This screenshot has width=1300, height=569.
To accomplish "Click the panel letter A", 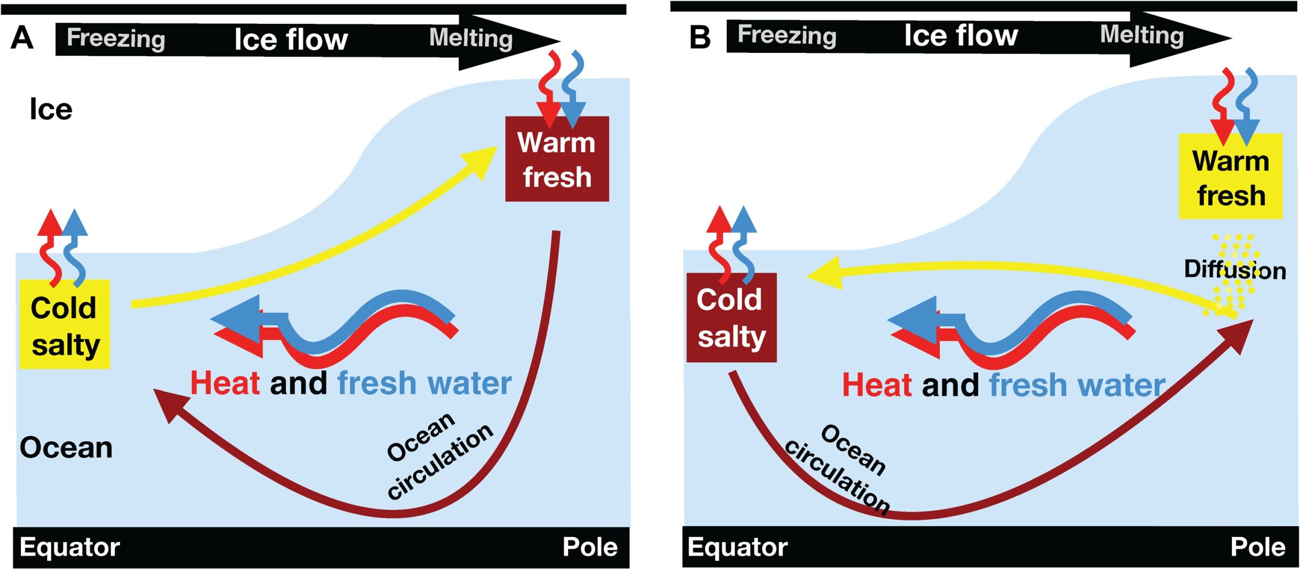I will (22, 38).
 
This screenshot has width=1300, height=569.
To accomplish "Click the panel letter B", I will (700, 37).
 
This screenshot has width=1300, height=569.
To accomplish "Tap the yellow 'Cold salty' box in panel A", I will (65, 324).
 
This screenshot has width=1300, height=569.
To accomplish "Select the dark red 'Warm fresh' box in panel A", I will (557, 159).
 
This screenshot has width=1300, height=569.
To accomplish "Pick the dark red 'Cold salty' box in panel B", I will (731, 318).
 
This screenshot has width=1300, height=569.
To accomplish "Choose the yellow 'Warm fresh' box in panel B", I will (1230, 176).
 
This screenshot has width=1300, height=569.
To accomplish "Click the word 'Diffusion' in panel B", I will (1234, 269).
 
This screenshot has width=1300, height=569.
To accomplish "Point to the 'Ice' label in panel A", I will (51, 109).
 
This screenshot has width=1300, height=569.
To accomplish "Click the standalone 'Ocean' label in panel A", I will (66, 448).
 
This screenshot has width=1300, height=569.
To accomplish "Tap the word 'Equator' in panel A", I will (70, 547).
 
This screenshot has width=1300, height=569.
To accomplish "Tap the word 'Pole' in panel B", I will (1258, 547).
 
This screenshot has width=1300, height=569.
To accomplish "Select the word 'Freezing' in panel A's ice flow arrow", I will (116, 38).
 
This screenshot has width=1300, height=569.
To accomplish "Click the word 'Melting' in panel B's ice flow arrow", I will (1142, 35).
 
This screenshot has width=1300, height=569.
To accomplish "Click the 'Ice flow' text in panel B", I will (961, 36).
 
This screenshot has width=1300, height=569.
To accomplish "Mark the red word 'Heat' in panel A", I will (225, 383).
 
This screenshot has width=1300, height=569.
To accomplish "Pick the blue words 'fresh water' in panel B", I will (1077, 385).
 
